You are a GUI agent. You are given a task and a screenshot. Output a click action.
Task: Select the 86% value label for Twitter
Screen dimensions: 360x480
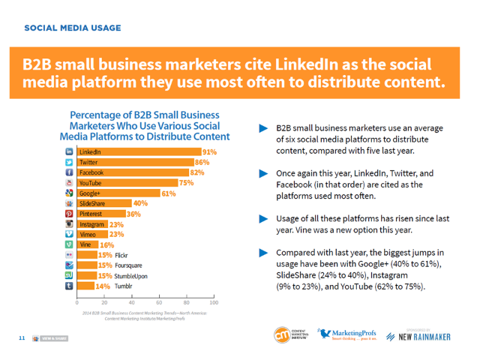point(202,162)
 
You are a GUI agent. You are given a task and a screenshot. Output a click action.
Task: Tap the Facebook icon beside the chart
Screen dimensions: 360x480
point(69,172)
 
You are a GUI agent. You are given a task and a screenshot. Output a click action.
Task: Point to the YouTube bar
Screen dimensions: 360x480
point(127,183)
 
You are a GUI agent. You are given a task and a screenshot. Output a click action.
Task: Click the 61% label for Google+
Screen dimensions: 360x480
point(169,193)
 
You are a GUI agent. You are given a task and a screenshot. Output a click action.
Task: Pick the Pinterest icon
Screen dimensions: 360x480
point(69,214)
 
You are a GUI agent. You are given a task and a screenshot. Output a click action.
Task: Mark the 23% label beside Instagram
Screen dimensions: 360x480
point(116,224)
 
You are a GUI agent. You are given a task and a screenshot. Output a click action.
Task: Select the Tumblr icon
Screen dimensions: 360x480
point(69,286)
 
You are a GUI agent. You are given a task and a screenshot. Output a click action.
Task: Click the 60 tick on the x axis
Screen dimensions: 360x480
point(159,303)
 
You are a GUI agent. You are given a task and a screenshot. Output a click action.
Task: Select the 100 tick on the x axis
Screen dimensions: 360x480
point(214,303)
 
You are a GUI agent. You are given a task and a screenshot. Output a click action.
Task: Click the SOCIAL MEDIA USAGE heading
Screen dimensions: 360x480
point(72,28)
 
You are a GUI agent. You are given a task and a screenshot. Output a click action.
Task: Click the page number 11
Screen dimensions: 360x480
point(22,338)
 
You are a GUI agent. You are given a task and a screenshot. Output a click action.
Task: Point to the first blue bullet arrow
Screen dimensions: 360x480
point(263,128)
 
